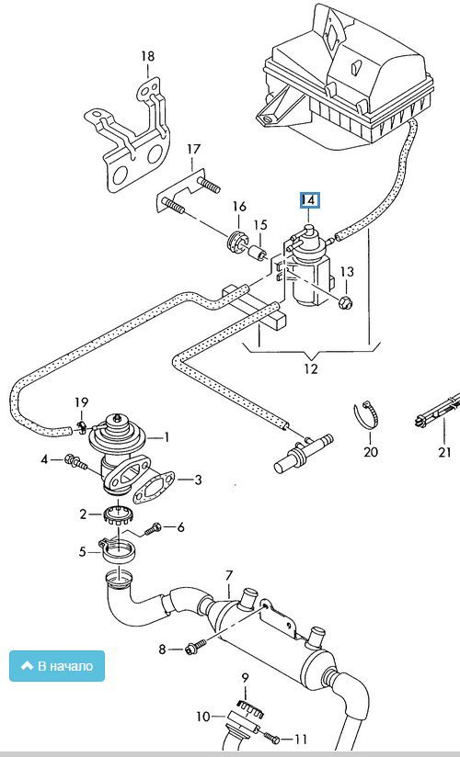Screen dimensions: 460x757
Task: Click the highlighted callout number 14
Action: [x=309, y=200]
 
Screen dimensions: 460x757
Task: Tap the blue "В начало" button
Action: [x=57, y=666]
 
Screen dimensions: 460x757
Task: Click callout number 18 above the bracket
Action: [x=147, y=56]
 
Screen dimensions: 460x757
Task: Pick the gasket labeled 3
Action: [x=154, y=487]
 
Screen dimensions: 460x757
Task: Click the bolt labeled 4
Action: [x=75, y=463]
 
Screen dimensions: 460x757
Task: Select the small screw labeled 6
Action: [x=153, y=529]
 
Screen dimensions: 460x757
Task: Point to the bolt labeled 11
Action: [x=272, y=737]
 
